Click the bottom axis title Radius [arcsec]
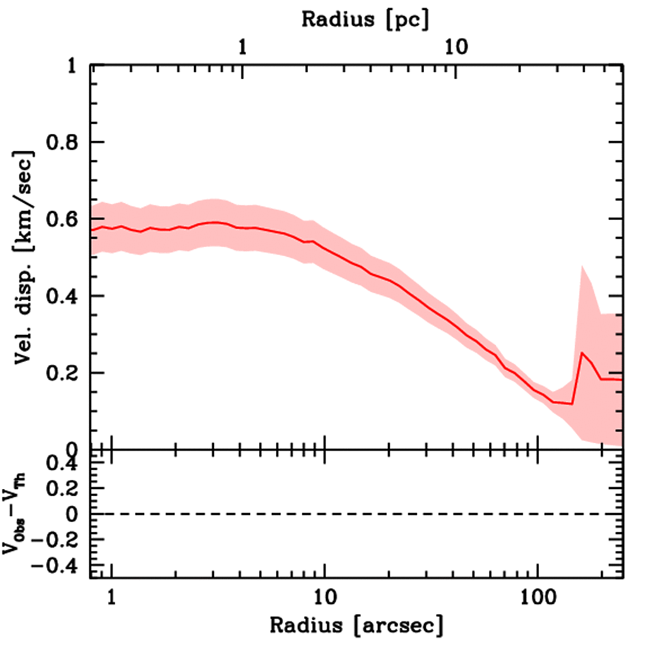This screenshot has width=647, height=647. point(356,626)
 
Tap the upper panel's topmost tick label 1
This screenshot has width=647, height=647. point(77,66)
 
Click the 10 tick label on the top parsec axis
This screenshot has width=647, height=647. point(454,47)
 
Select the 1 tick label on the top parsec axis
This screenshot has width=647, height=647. point(242,47)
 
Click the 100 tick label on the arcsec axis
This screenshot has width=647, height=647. point(538,596)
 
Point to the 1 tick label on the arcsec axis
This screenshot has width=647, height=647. point(112,596)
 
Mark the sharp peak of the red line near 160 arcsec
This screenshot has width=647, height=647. point(581,353)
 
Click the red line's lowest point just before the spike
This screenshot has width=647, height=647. point(572,404)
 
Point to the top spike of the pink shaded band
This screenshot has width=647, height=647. point(581,267)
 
